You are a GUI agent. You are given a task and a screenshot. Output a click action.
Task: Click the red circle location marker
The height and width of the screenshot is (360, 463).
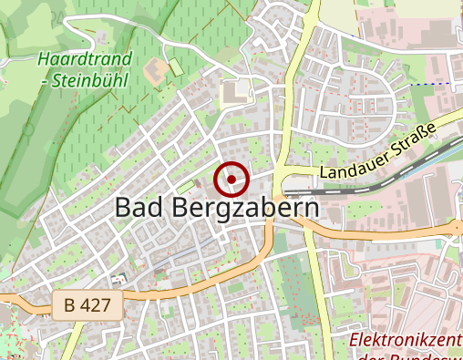(231, 179)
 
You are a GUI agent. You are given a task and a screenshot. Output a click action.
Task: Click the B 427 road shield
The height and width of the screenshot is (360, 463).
(87, 305)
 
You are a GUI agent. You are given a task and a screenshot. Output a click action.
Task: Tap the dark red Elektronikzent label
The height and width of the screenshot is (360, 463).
(406, 341)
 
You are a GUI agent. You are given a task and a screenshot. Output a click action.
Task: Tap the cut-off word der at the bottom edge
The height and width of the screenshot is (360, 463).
(361, 356)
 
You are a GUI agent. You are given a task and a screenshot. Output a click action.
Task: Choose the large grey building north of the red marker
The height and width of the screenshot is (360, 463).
(236, 91)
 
